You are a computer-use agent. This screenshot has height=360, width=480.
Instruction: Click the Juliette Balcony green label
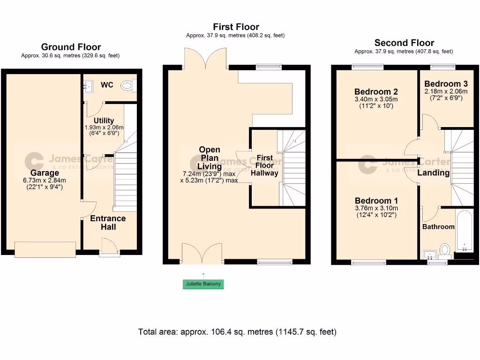[203, 284]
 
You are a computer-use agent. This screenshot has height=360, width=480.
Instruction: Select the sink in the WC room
[88, 87]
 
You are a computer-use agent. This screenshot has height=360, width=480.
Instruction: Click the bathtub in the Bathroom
[465, 231]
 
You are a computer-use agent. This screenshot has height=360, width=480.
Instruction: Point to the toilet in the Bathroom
[444, 250]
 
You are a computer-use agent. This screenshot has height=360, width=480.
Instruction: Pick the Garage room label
[45, 172]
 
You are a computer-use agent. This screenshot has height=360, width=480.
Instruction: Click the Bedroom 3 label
[446, 83]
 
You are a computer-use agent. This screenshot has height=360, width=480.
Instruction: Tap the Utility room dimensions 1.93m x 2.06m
[104, 127]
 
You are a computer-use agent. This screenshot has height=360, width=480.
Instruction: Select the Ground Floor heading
[71, 47]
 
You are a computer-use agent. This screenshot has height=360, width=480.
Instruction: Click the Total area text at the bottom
[237, 332]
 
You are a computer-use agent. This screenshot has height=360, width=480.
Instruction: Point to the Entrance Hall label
[108, 223]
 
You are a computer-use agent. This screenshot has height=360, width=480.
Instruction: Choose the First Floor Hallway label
[264, 165]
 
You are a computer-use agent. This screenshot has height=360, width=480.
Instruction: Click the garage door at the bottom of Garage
[45, 249]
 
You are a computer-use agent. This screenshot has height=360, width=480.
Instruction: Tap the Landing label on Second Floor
[434, 173]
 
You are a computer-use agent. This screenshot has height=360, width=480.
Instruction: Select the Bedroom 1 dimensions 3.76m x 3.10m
[376, 208]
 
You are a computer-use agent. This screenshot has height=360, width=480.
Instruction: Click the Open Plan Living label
[210, 158]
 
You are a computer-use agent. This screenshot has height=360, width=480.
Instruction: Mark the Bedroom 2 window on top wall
[367, 67]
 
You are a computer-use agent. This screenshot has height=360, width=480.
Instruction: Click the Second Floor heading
[404, 43]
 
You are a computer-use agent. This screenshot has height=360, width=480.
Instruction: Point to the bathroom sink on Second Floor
[430, 255]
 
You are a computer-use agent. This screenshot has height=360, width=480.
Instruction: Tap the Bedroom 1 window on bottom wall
[368, 262]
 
